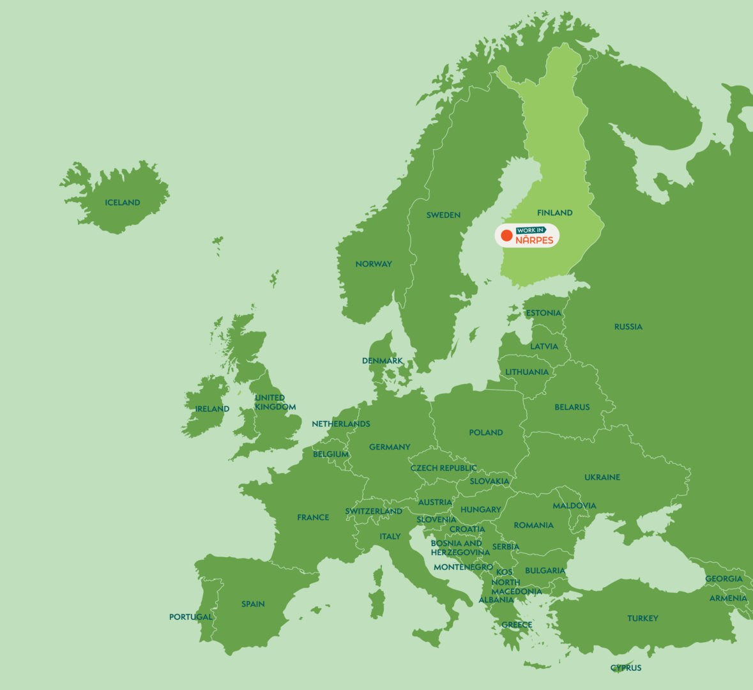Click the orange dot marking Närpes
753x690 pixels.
click(506, 236)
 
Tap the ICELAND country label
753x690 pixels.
click(123, 203)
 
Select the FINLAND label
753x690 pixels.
click(554, 213)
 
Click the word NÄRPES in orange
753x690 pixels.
click(535, 240)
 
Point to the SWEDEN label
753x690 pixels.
click(443, 215)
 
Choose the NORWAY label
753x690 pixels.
click(374, 264)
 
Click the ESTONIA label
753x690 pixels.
click(544, 313)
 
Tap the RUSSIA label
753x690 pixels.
click(628, 327)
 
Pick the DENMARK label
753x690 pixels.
click(382, 361)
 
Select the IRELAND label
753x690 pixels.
click(212, 409)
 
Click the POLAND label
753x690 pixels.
click(486, 433)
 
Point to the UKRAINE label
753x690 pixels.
click(602, 477)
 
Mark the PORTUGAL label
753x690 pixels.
click(190, 617)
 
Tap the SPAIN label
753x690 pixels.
click(253, 604)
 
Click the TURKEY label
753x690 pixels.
click(643, 618)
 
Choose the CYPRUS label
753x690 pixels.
click(626, 668)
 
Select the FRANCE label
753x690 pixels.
click(313, 517)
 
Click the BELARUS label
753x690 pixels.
click(572, 407)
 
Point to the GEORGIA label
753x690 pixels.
click(724, 579)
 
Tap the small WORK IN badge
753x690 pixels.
click(531, 230)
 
